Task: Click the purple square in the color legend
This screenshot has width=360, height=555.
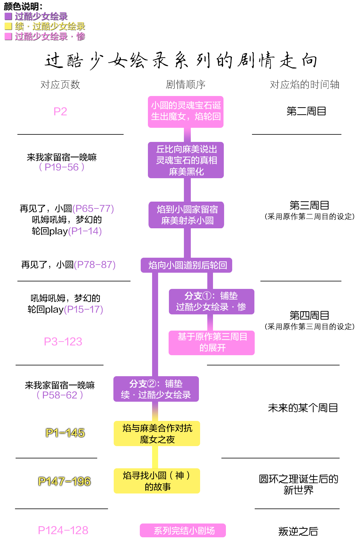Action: point(8,16)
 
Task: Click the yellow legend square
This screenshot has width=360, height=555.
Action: point(8,26)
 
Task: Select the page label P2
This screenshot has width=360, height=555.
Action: point(60,112)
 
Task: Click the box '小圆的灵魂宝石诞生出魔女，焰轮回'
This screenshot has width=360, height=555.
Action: point(186,112)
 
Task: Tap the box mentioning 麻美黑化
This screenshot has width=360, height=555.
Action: point(186,160)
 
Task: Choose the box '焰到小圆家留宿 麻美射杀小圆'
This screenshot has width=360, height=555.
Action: point(186,215)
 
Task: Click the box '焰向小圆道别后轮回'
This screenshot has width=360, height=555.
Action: point(186,265)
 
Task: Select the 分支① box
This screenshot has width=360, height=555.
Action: point(211,301)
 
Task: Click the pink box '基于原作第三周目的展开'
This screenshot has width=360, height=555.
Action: point(211,343)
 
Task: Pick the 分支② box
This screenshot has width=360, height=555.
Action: point(156,389)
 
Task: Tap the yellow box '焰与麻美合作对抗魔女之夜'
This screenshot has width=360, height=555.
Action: point(157,433)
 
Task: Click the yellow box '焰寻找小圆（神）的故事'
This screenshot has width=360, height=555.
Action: point(157,481)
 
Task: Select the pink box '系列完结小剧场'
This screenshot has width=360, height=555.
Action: point(183,530)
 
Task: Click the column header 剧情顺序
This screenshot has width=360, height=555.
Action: point(186,85)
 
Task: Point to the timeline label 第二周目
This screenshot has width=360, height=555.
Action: point(306,111)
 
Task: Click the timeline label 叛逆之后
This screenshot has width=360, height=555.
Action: point(298,531)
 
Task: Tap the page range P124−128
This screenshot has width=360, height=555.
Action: point(63,530)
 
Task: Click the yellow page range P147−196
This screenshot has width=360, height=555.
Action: point(64,481)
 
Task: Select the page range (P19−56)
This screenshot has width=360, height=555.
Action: point(62,167)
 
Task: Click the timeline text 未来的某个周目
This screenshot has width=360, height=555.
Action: point(303,408)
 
